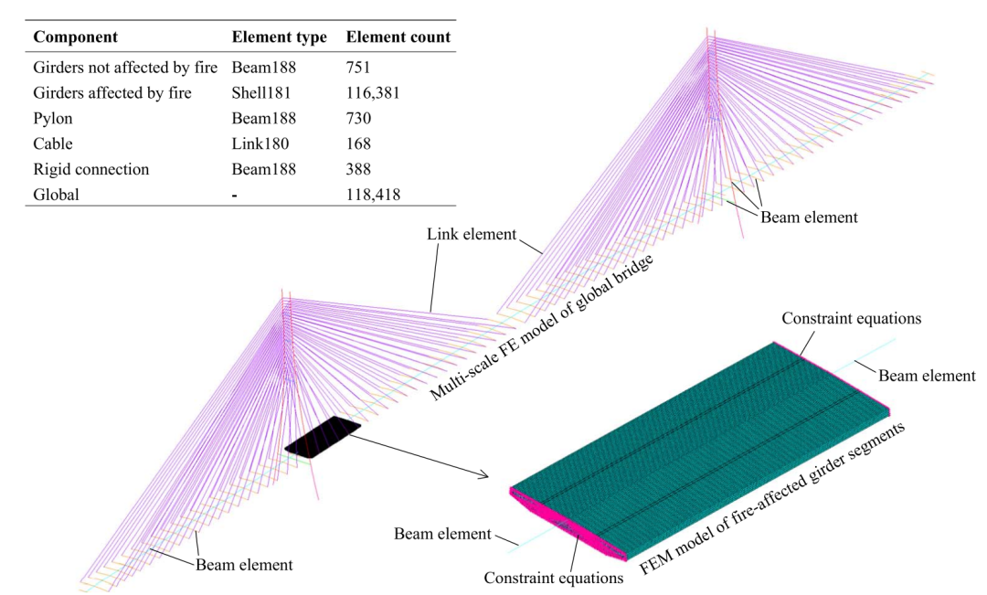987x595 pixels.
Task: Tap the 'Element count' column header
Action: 398,39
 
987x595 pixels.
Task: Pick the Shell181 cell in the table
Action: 262,92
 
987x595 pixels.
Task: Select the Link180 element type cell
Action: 259,143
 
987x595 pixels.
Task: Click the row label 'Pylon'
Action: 54,118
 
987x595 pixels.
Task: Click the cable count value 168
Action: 360,143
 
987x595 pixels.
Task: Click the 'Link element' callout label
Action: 471,236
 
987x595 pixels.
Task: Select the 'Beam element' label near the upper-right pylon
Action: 809,217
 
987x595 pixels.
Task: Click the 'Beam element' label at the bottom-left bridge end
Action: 244,565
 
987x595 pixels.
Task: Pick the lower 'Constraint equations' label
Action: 553,578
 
